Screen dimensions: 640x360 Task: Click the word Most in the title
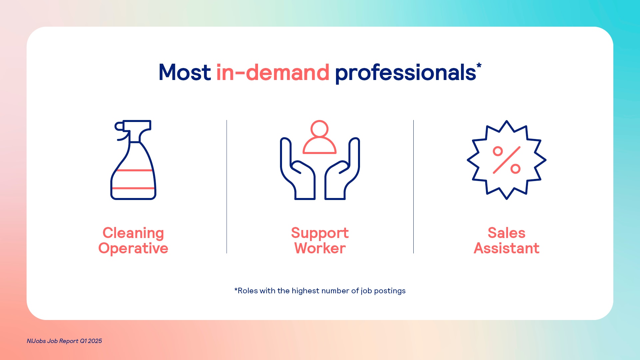click(185, 72)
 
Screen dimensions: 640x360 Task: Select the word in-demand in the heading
click(273, 72)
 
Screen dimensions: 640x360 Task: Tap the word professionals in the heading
click(405, 74)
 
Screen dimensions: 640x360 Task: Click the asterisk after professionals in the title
click(479, 65)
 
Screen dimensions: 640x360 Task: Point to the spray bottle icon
click(133, 160)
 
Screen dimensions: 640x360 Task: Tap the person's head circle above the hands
click(319, 129)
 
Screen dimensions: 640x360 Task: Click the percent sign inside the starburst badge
click(507, 160)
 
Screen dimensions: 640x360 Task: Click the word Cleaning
click(133, 233)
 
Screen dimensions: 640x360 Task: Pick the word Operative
click(133, 249)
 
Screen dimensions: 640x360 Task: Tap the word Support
click(320, 233)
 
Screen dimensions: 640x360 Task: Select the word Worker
click(320, 248)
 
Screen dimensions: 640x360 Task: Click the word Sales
click(507, 233)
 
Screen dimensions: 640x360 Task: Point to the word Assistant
click(507, 248)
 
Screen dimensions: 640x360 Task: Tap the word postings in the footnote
click(390, 291)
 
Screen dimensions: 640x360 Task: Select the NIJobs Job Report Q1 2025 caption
click(64, 341)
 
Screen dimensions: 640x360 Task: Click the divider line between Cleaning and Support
click(227, 187)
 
